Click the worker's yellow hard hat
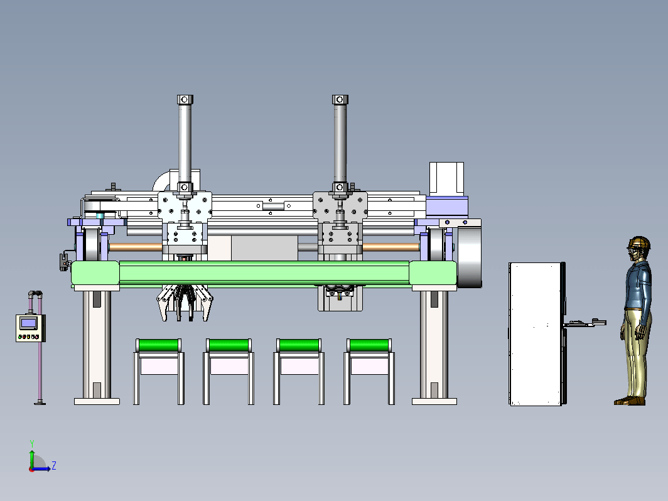pyautogui.click(x=639, y=242)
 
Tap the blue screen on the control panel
pyautogui.click(x=28, y=323)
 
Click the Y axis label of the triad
pyautogui.click(x=32, y=444)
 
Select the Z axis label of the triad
pyautogui.click(x=54, y=465)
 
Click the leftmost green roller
pyautogui.click(x=158, y=345)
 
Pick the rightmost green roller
pyautogui.click(x=369, y=345)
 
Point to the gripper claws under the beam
pyautogui.click(x=185, y=303)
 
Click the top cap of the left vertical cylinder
pyautogui.click(x=185, y=100)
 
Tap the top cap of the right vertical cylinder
pyautogui.click(x=340, y=100)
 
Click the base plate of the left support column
pyautogui.click(x=97, y=401)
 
